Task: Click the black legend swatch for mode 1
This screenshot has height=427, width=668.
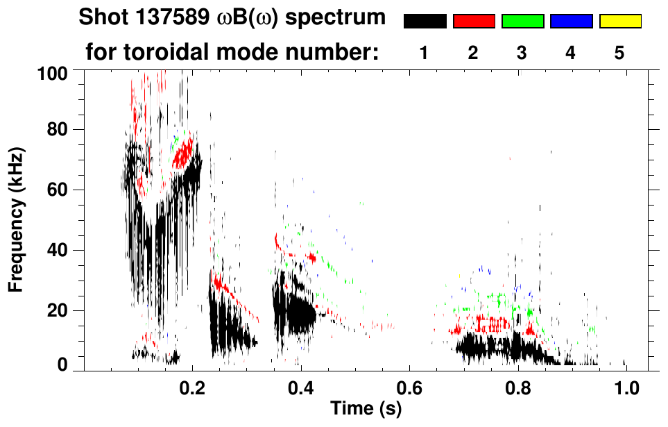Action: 425,22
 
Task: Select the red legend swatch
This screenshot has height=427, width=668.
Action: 474,22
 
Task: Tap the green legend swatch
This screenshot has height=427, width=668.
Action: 522,22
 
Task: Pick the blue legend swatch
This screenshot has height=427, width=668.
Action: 571,22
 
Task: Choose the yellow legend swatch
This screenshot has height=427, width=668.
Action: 619,22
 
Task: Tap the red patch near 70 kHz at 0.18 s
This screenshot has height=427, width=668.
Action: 183,153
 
